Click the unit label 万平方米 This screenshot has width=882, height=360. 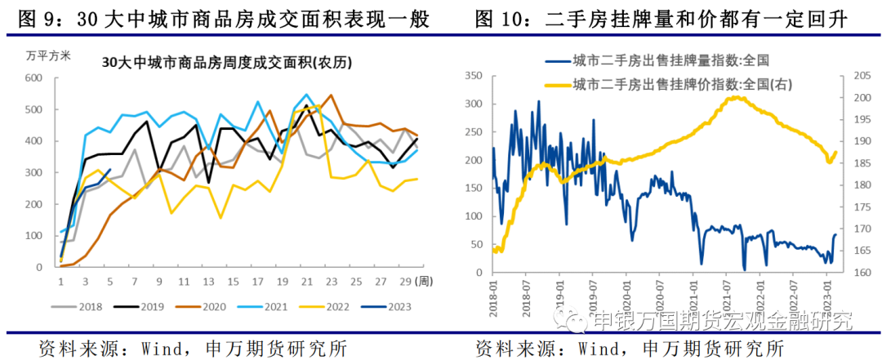click(x=48, y=56)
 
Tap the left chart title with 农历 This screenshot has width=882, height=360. click(x=216, y=61)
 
